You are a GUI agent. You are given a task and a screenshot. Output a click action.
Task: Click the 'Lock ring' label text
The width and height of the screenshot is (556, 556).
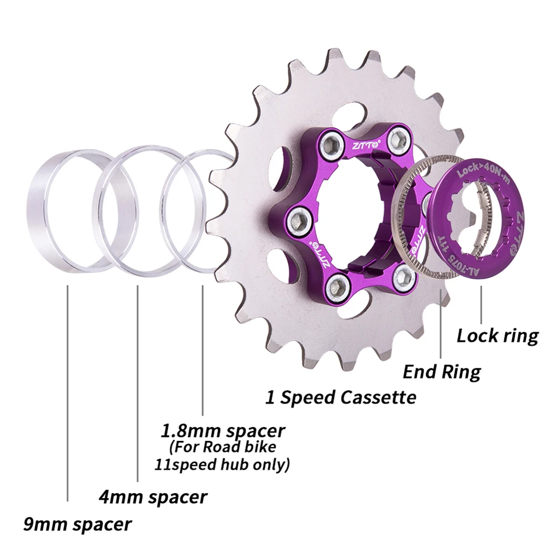[x=497, y=336]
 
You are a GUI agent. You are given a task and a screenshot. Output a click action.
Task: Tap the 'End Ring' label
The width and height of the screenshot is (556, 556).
[x=442, y=371]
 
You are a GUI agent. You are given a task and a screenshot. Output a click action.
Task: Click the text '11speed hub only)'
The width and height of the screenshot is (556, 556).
[x=222, y=464]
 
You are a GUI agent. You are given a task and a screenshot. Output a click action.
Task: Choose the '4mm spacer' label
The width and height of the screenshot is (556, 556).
[x=153, y=496]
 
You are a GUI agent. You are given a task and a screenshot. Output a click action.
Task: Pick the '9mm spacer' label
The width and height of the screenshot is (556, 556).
[x=78, y=523]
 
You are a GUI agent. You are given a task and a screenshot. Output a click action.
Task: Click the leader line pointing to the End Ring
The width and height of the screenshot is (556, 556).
[x=441, y=328]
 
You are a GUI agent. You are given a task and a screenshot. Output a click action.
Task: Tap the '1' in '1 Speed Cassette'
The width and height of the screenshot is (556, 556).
[x=270, y=398]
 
